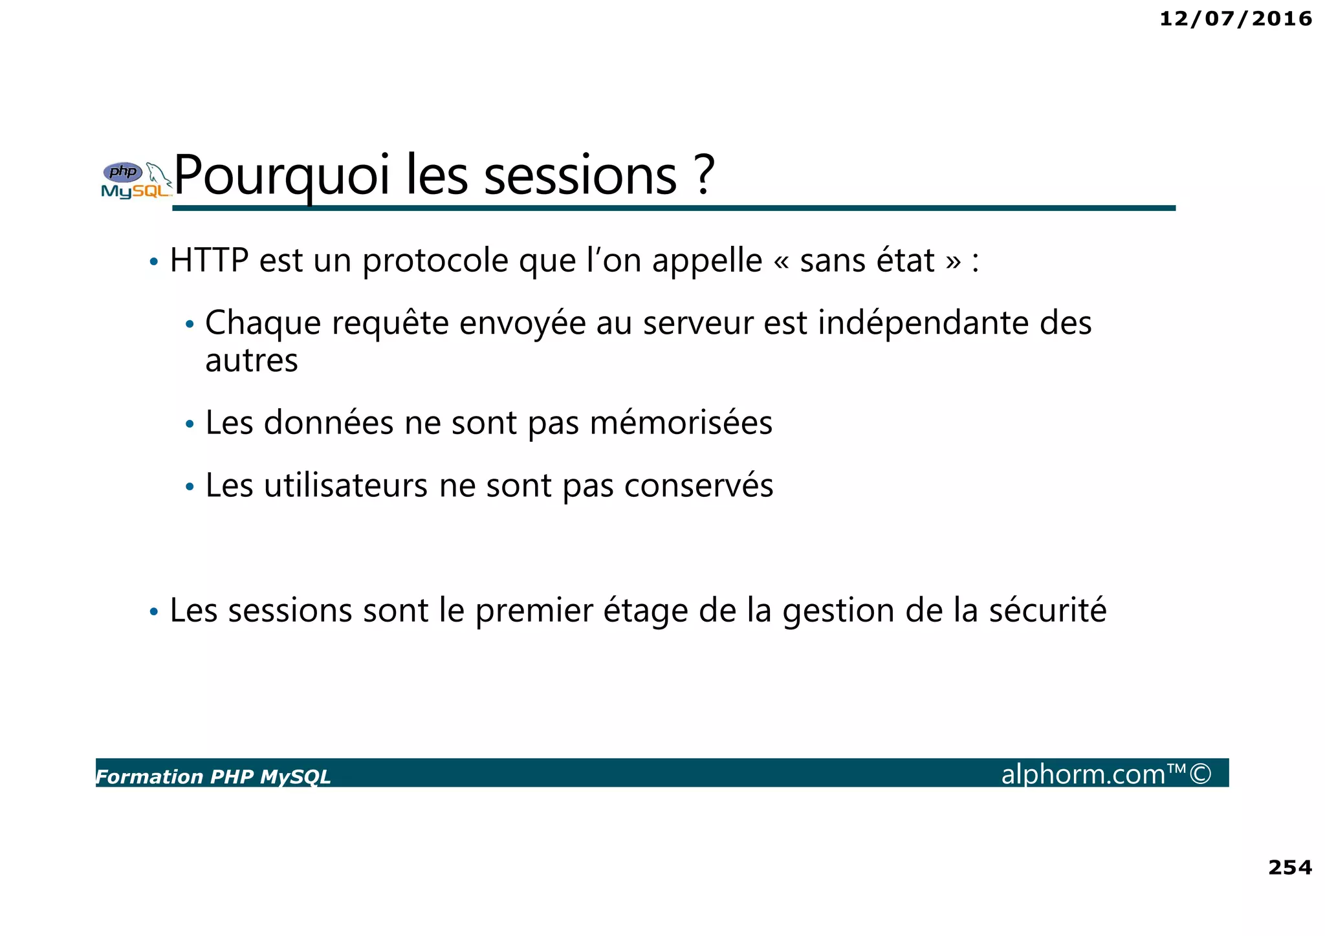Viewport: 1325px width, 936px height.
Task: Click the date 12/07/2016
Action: [1235, 19]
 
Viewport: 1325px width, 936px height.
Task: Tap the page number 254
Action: [1289, 867]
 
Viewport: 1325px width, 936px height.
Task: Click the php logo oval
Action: [123, 172]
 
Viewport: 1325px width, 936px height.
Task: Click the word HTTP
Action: [209, 261]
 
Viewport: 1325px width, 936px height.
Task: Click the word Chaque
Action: [263, 323]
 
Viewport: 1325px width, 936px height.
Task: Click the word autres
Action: [252, 361]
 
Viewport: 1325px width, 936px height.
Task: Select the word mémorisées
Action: [681, 423]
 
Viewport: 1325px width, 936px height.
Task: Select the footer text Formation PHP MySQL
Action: [213, 777]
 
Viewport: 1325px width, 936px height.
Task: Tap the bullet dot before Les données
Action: [190, 425]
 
